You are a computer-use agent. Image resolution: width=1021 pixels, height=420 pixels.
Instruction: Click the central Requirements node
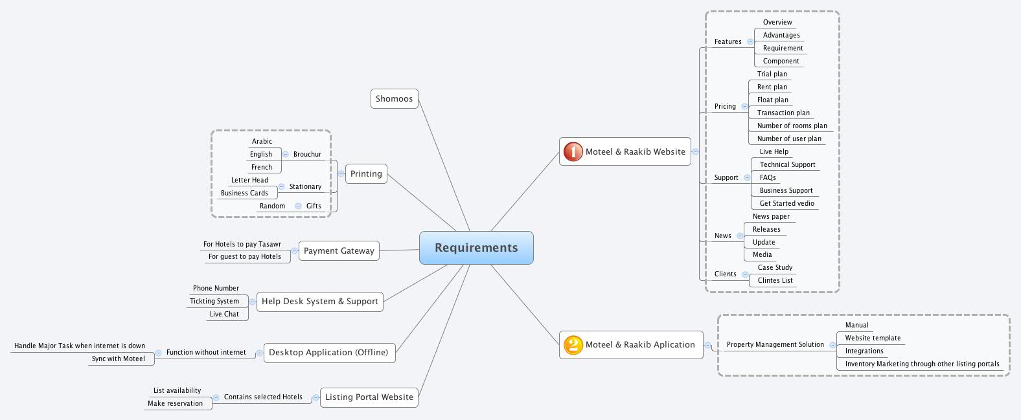476,248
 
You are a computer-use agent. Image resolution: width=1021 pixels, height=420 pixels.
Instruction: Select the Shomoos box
394,99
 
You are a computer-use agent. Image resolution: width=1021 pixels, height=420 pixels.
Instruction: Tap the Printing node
366,174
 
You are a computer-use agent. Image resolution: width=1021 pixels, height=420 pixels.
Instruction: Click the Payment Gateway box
339,251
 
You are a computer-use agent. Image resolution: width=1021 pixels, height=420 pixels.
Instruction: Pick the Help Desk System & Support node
319,302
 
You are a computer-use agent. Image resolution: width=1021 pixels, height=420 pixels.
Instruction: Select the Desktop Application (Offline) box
328,353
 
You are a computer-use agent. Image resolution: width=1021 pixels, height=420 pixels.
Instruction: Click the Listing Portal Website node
369,397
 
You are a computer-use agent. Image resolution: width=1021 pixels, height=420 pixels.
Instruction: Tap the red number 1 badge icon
573,151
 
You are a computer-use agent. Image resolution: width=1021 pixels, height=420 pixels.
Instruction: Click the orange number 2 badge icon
573,345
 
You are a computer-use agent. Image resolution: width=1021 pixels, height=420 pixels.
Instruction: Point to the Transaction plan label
783,113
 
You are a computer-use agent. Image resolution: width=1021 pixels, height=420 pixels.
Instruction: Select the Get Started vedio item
786,203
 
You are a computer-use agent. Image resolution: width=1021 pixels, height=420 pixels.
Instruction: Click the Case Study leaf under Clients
775,267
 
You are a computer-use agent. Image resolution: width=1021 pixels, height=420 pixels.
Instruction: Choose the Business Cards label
244,193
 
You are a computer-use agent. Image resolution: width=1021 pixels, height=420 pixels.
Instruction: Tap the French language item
262,167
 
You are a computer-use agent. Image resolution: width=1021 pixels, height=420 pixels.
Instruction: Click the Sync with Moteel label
118,359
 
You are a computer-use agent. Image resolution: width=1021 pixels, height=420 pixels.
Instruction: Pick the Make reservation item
175,403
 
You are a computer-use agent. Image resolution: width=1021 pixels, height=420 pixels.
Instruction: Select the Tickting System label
214,301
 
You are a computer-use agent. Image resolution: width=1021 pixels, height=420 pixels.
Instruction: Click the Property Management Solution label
775,345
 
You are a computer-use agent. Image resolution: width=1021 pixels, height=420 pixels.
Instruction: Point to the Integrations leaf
864,351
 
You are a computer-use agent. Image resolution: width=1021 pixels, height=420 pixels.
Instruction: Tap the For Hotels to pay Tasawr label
242,244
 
